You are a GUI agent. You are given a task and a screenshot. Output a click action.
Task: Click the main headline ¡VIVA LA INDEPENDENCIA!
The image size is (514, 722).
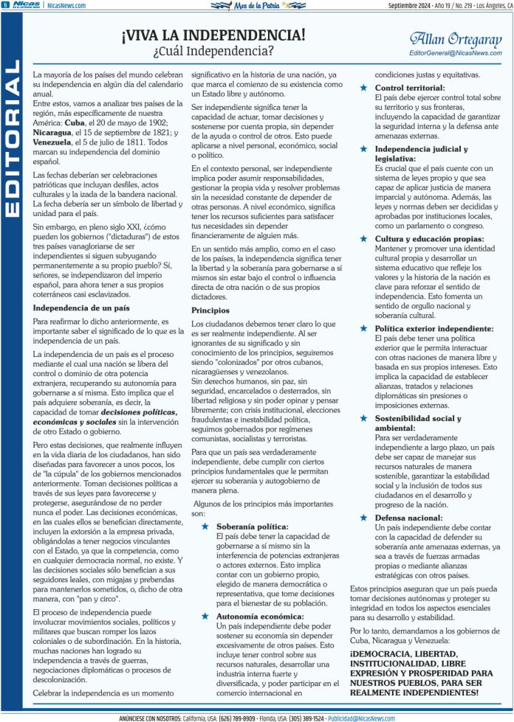213,35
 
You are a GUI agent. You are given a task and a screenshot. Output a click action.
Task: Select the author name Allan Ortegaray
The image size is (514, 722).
455,39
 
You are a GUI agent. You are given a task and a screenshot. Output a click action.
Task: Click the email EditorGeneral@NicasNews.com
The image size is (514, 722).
455,53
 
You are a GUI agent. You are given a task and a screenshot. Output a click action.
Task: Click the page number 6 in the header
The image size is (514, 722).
5,5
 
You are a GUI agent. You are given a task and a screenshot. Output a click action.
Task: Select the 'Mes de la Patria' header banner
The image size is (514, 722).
258,6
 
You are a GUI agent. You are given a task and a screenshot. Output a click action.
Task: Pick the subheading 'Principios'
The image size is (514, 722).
210,310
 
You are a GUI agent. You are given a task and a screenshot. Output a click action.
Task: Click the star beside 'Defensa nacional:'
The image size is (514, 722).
363,518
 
